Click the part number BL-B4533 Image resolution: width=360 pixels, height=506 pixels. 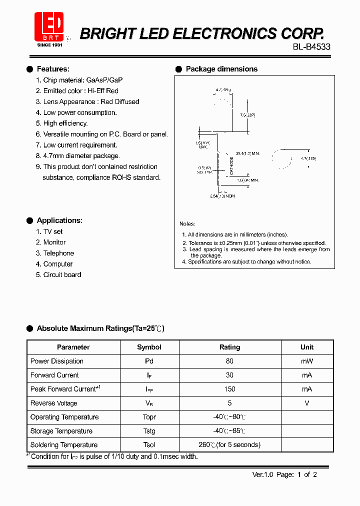tap(311, 46)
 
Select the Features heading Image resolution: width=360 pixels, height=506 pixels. tap(53, 69)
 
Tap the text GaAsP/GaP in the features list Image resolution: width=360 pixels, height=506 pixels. tap(104, 80)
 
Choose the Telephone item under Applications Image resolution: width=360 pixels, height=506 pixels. tap(58, 253)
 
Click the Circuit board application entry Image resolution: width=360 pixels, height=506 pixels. tap(62, 274)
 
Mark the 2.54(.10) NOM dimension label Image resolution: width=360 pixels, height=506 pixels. tap(222, 196)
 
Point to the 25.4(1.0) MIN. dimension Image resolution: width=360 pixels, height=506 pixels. tap(248, 153)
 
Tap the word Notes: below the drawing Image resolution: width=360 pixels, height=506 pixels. tap(187, 224)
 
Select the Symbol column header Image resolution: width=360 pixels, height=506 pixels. tap(149, 347)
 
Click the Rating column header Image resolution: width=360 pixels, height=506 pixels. tap(229, 347)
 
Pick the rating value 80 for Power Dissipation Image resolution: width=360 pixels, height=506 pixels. tap(229, 361)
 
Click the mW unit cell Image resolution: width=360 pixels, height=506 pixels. tap(306, 361)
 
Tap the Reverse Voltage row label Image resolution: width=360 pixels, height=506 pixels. tap(53, 403)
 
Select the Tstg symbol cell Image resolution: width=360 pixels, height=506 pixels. tap(149, 431)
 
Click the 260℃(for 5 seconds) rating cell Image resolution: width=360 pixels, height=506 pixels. tap(229, 445)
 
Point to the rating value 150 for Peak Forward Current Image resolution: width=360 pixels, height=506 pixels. tap(229, 389)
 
